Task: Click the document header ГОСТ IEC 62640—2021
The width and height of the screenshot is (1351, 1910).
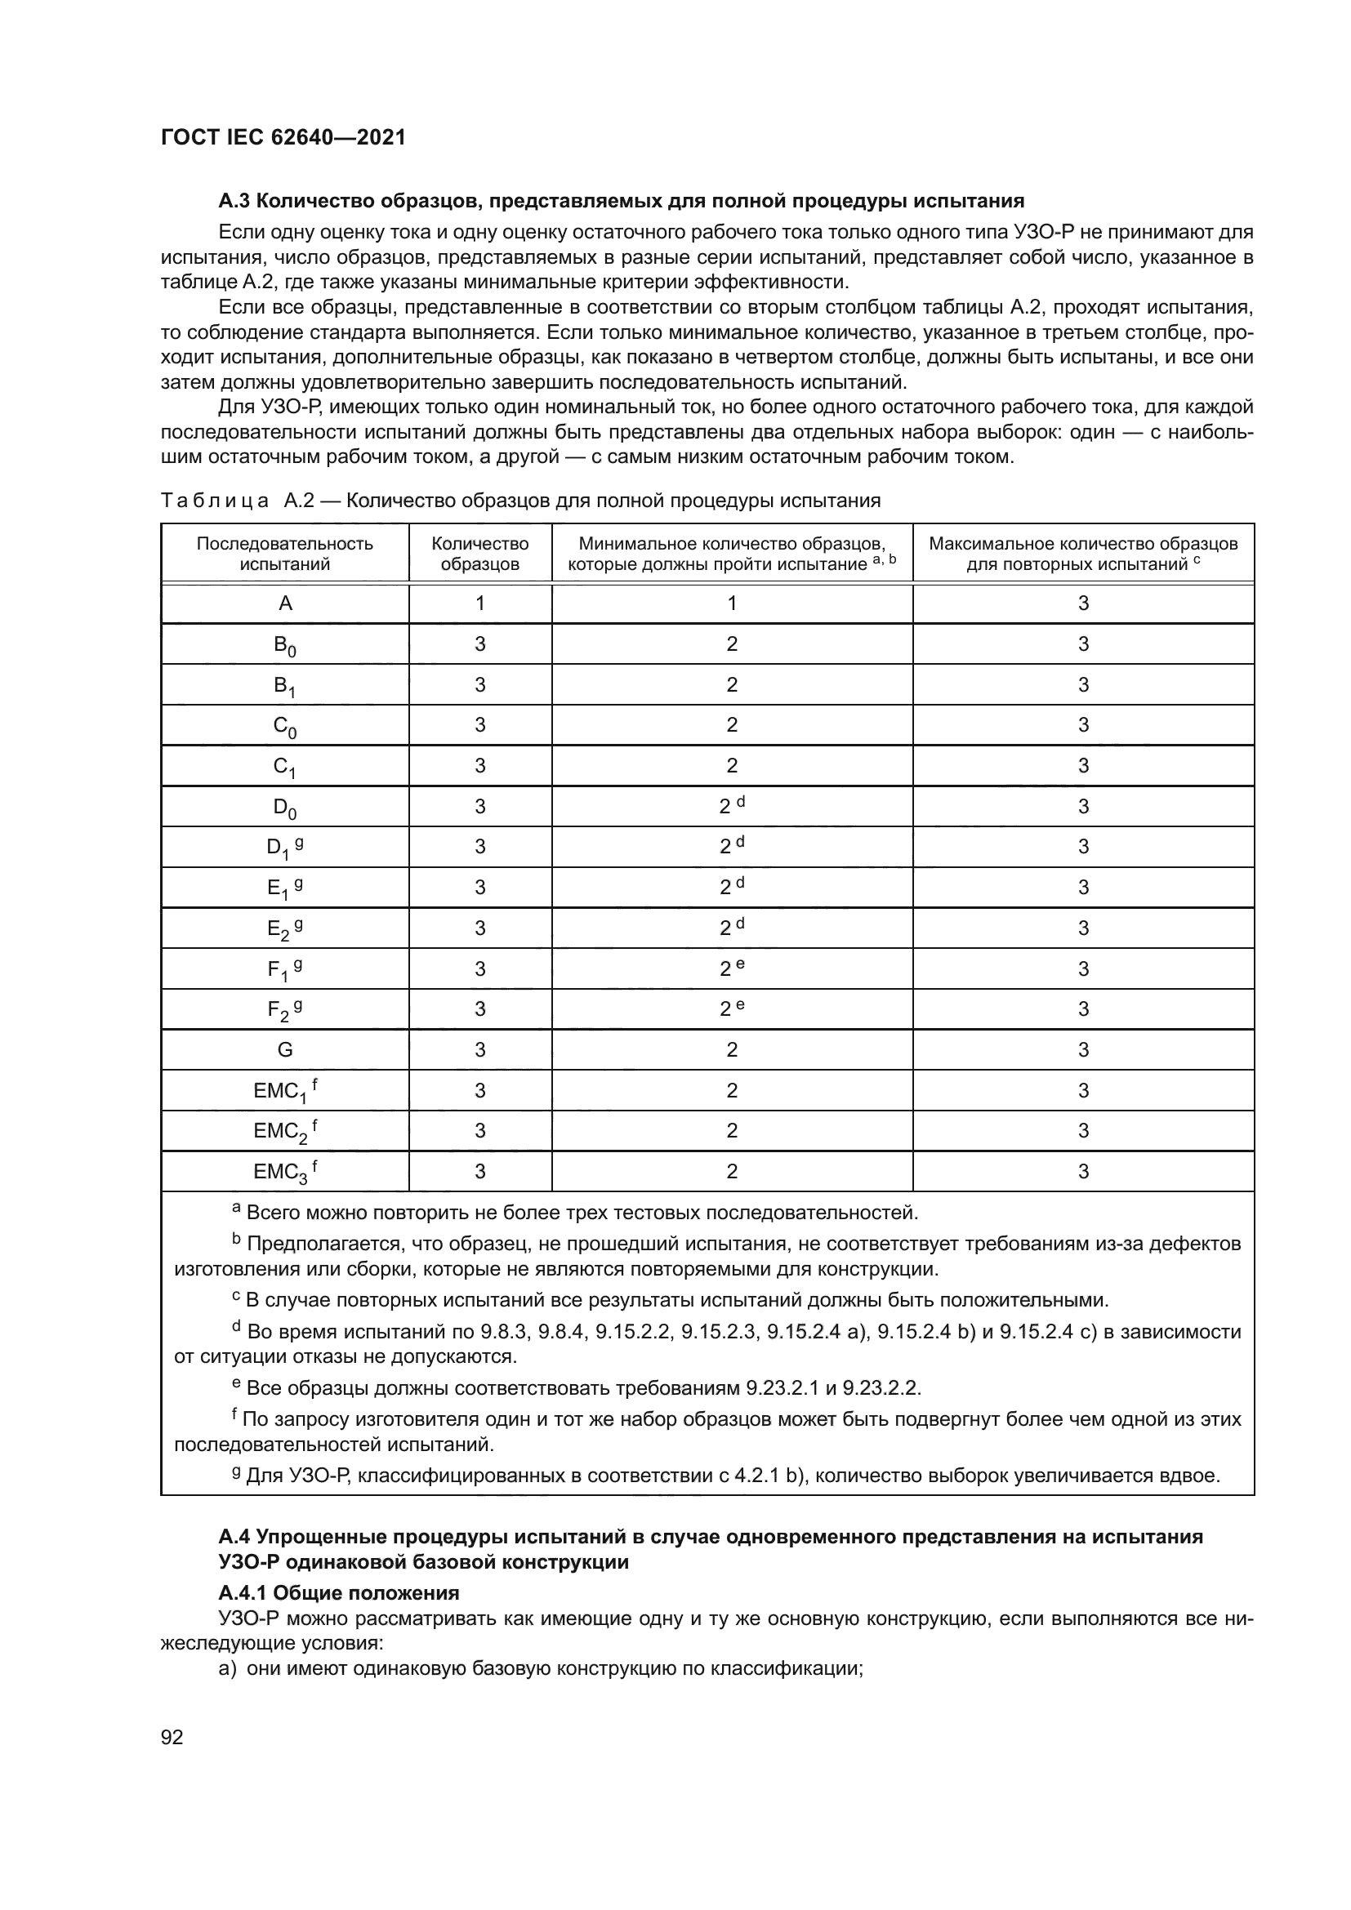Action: point(283,137)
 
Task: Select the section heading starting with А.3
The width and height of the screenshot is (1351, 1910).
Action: point(621,202)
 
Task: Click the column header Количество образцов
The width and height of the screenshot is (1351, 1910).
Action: point(480,553)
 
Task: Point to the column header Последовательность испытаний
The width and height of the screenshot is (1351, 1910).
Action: point(284,553)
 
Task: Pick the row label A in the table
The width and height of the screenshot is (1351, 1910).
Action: point(284,603)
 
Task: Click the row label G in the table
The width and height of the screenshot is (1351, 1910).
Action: point(284,1050)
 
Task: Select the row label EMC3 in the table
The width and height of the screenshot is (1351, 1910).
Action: point(284,1171)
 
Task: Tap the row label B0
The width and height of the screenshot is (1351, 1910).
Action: point(284,645)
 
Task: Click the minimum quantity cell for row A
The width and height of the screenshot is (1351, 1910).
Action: point(731,603)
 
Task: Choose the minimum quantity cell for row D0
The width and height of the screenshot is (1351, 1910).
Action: point(731,806)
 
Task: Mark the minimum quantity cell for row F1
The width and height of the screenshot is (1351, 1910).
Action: point(731,968)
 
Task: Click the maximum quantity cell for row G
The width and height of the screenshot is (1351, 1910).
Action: point(1082,1050)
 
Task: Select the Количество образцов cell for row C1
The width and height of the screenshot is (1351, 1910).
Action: point(480,765)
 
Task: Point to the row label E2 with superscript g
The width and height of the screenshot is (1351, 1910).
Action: point(284,928)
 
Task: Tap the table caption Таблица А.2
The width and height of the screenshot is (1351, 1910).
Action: point(520,501)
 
